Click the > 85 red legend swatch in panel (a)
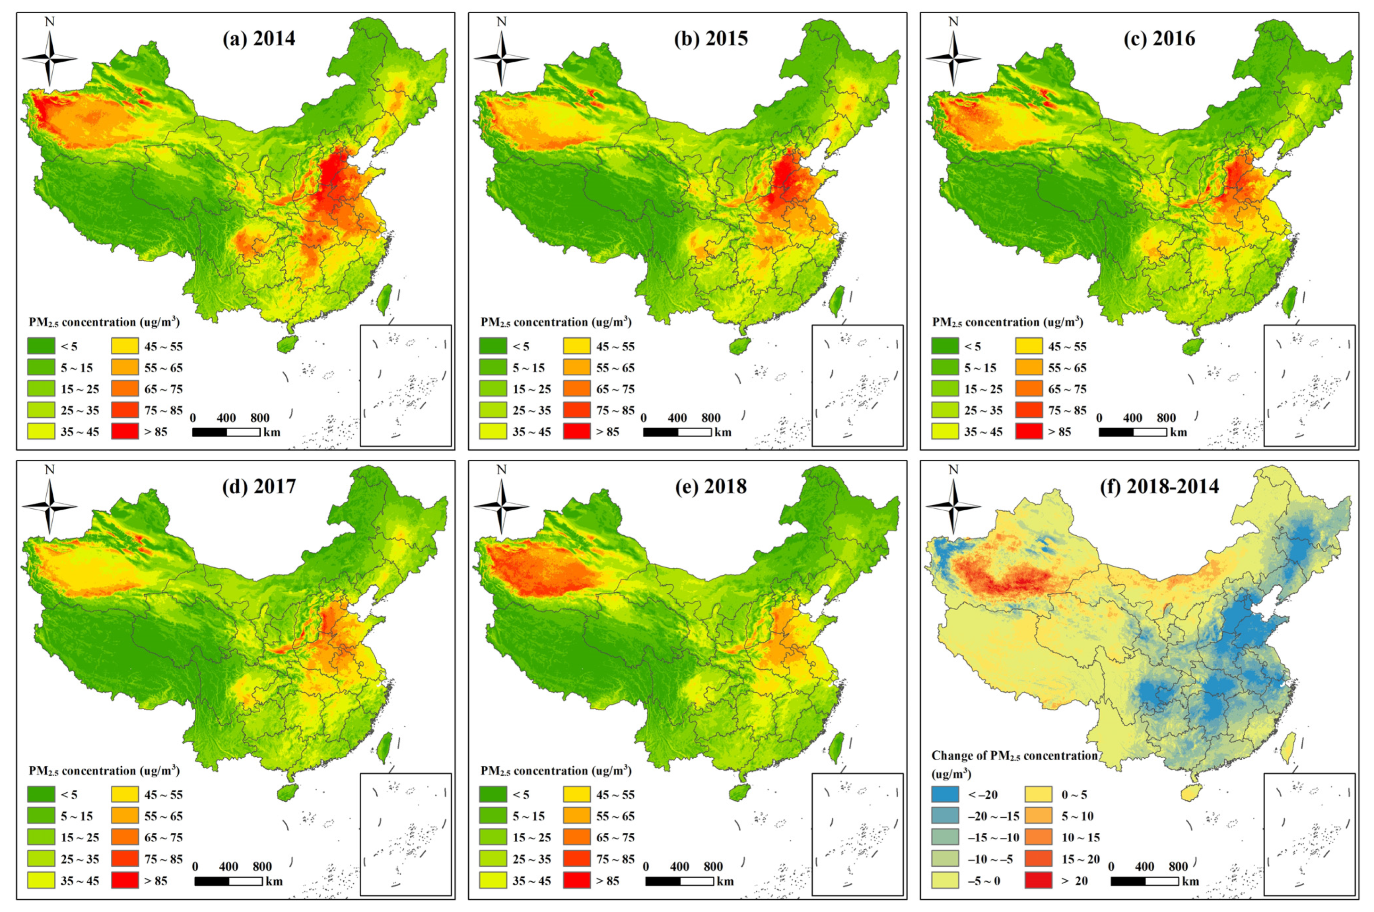tap(125, 431)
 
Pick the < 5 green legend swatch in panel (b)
tap(493, 346)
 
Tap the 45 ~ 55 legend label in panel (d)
tap(164, 795)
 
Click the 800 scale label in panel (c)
tap(1166, 418)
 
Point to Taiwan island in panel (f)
tap(1287, 750)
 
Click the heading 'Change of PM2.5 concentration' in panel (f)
tap(1014, 755)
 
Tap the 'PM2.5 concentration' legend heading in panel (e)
tap(556, 771)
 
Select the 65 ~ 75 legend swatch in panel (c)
tap(1028, 389)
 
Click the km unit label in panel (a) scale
tap(272, 432)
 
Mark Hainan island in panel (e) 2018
tap(739, 793)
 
